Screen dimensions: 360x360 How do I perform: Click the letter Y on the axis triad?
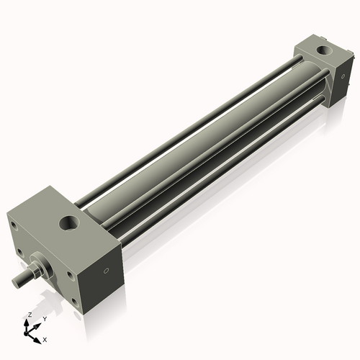[x=44, y=318]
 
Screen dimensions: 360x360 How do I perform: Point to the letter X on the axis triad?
[x=45, y=338]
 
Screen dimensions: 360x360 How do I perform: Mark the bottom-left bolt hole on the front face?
[x=20, y=252]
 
